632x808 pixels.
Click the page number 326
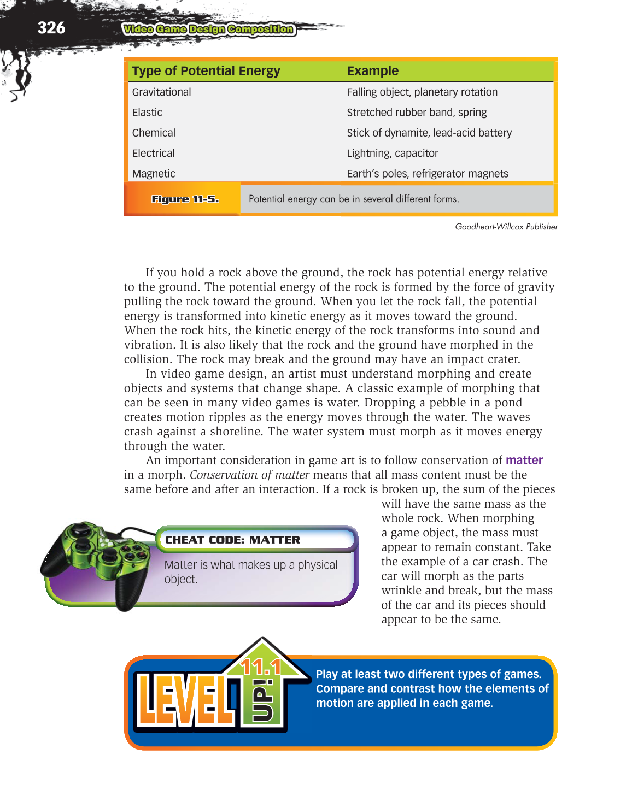pos(51,28)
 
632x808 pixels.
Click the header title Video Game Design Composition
pos(208,30)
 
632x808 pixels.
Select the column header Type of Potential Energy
pos(206,71)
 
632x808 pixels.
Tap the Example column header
pos(372,71)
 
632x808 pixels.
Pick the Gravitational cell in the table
pos(161,92)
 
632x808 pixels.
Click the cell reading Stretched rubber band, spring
pos(417,113)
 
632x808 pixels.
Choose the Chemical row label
pos(154,133)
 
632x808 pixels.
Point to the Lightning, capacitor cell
pos(392,154)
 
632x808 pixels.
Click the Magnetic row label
pos(154,174)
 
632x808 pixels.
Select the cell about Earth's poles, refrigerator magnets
pos(427,174)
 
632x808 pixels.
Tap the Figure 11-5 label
pos(185,199)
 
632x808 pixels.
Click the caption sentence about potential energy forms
pos(354,199)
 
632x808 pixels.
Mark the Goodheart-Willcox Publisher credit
pos(506,227)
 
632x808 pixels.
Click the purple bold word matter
pos(524,461)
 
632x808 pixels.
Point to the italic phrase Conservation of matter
pos(249,475)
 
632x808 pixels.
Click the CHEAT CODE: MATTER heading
pos(232,540)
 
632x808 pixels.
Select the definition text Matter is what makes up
pos(250,571)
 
